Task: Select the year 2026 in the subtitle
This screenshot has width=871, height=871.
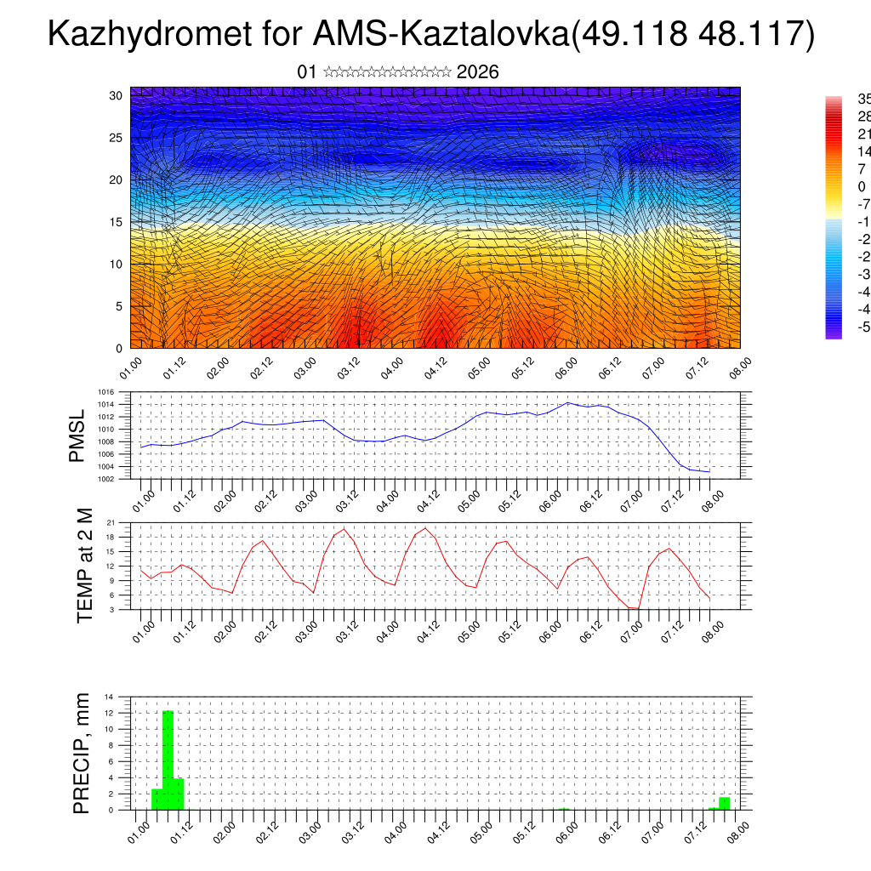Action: point(477,72)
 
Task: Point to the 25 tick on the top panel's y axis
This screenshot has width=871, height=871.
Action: point(117,137)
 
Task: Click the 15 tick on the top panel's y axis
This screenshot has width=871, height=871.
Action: point(117,222)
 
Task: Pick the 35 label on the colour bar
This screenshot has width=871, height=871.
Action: point(863,99)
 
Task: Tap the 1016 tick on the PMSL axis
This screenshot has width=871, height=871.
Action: point(106,392)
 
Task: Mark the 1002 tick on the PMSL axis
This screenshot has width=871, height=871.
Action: point(106,479)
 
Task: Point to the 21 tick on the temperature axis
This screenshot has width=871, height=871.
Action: point(111,522)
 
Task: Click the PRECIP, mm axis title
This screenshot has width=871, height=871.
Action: point(82,753)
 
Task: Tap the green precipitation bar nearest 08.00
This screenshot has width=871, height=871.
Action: point(724,803)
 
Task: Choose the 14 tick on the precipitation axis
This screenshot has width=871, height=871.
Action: point(110,697)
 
